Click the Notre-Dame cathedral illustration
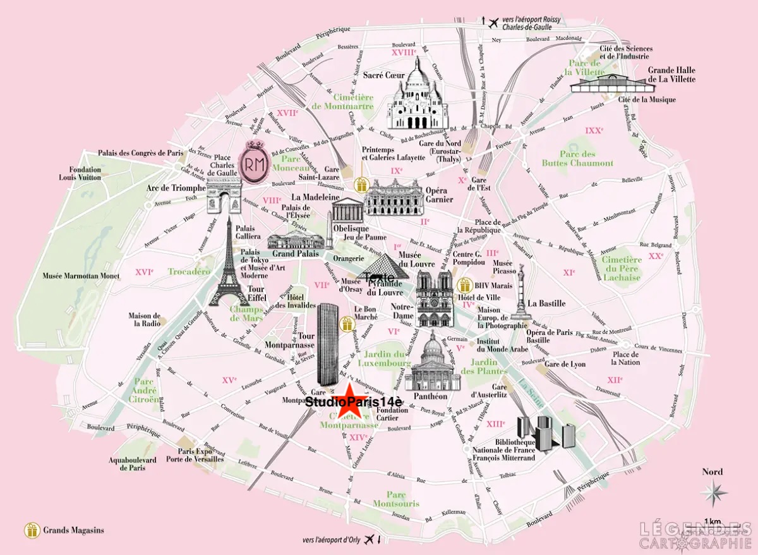(x=435, y=298)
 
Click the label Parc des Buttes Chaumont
(x=577, y=159)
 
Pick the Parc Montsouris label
(x=395, y=499)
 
